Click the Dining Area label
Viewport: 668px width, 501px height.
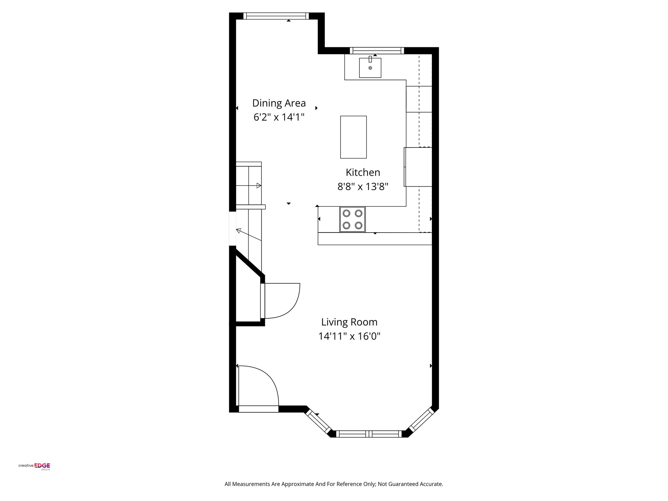tap(279, 103)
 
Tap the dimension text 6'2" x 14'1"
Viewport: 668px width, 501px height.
tap(279, 117)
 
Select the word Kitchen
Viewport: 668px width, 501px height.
tap(363, 172)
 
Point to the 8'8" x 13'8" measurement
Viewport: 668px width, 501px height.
tap(363, 187)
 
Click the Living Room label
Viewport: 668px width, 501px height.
tap(349, 322)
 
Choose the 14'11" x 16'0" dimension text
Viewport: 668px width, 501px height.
tap(349, 336)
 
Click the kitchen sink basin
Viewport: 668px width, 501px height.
tap(370, 68)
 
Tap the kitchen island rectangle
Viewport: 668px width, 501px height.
tap(353, 137)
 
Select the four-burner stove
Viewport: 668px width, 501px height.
tap(352, 219)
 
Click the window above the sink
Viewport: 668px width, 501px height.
tap(377, 51)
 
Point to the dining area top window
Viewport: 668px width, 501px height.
tap(276, 16)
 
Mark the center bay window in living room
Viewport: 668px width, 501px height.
tap(369, 433)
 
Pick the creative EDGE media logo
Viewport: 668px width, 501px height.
tap(34, 466)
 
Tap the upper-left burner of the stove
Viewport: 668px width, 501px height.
tap(346, 213)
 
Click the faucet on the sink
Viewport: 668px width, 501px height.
tap(370, 59)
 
